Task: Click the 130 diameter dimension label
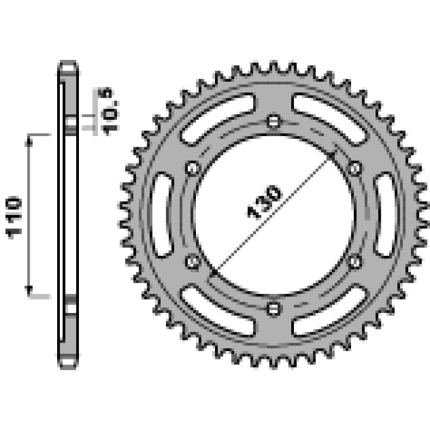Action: [264, 202]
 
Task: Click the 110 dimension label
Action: [13, 217]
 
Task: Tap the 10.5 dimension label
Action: [108, 111]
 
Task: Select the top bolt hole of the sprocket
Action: [274, 121]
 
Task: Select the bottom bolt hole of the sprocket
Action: [274, 309]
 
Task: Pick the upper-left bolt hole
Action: [193, 168]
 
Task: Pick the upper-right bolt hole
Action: [354, 168]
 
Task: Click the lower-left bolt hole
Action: [193, 261]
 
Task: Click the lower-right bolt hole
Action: [354, 261]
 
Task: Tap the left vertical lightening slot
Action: [162, 215]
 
